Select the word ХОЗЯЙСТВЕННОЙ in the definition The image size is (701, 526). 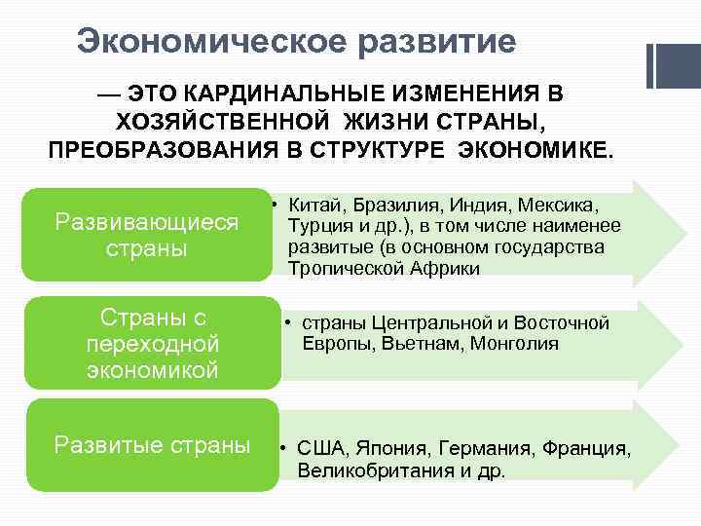[x=219, y=123]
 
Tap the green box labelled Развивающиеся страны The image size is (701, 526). [x=147, y=235]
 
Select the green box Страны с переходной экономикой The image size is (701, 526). [x=152, y=344]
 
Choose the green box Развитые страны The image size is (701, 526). [x=152, y=445]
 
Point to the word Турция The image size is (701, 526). [x=317, y=227]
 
